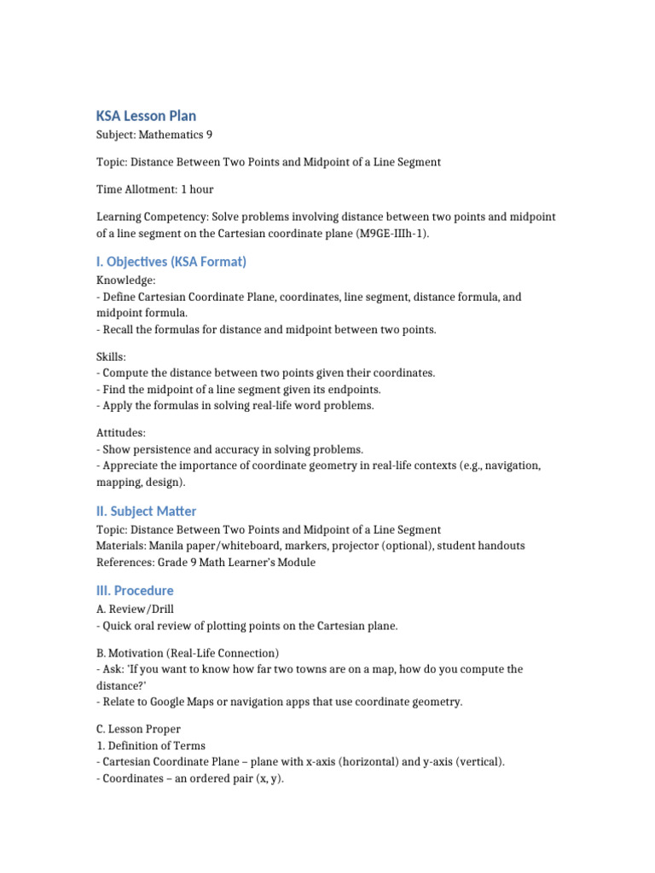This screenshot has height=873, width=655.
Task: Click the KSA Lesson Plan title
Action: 146,116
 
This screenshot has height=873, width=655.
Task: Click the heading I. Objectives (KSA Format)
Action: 171,262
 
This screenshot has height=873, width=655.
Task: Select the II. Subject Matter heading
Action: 146,512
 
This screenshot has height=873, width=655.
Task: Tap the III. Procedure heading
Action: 134,591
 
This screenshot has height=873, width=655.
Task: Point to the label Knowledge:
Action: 126,280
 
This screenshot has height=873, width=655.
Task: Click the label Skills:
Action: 112,356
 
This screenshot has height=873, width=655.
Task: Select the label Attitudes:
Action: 121,433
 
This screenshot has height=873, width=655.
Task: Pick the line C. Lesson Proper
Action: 138,730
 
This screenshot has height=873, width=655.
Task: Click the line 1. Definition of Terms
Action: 151,746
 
